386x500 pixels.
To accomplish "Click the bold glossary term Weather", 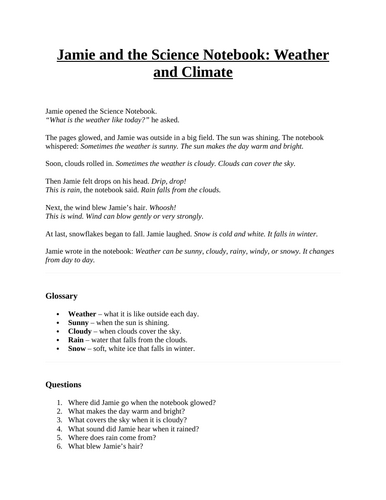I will (85, 314).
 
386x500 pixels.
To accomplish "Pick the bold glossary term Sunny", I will (81, 324).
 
